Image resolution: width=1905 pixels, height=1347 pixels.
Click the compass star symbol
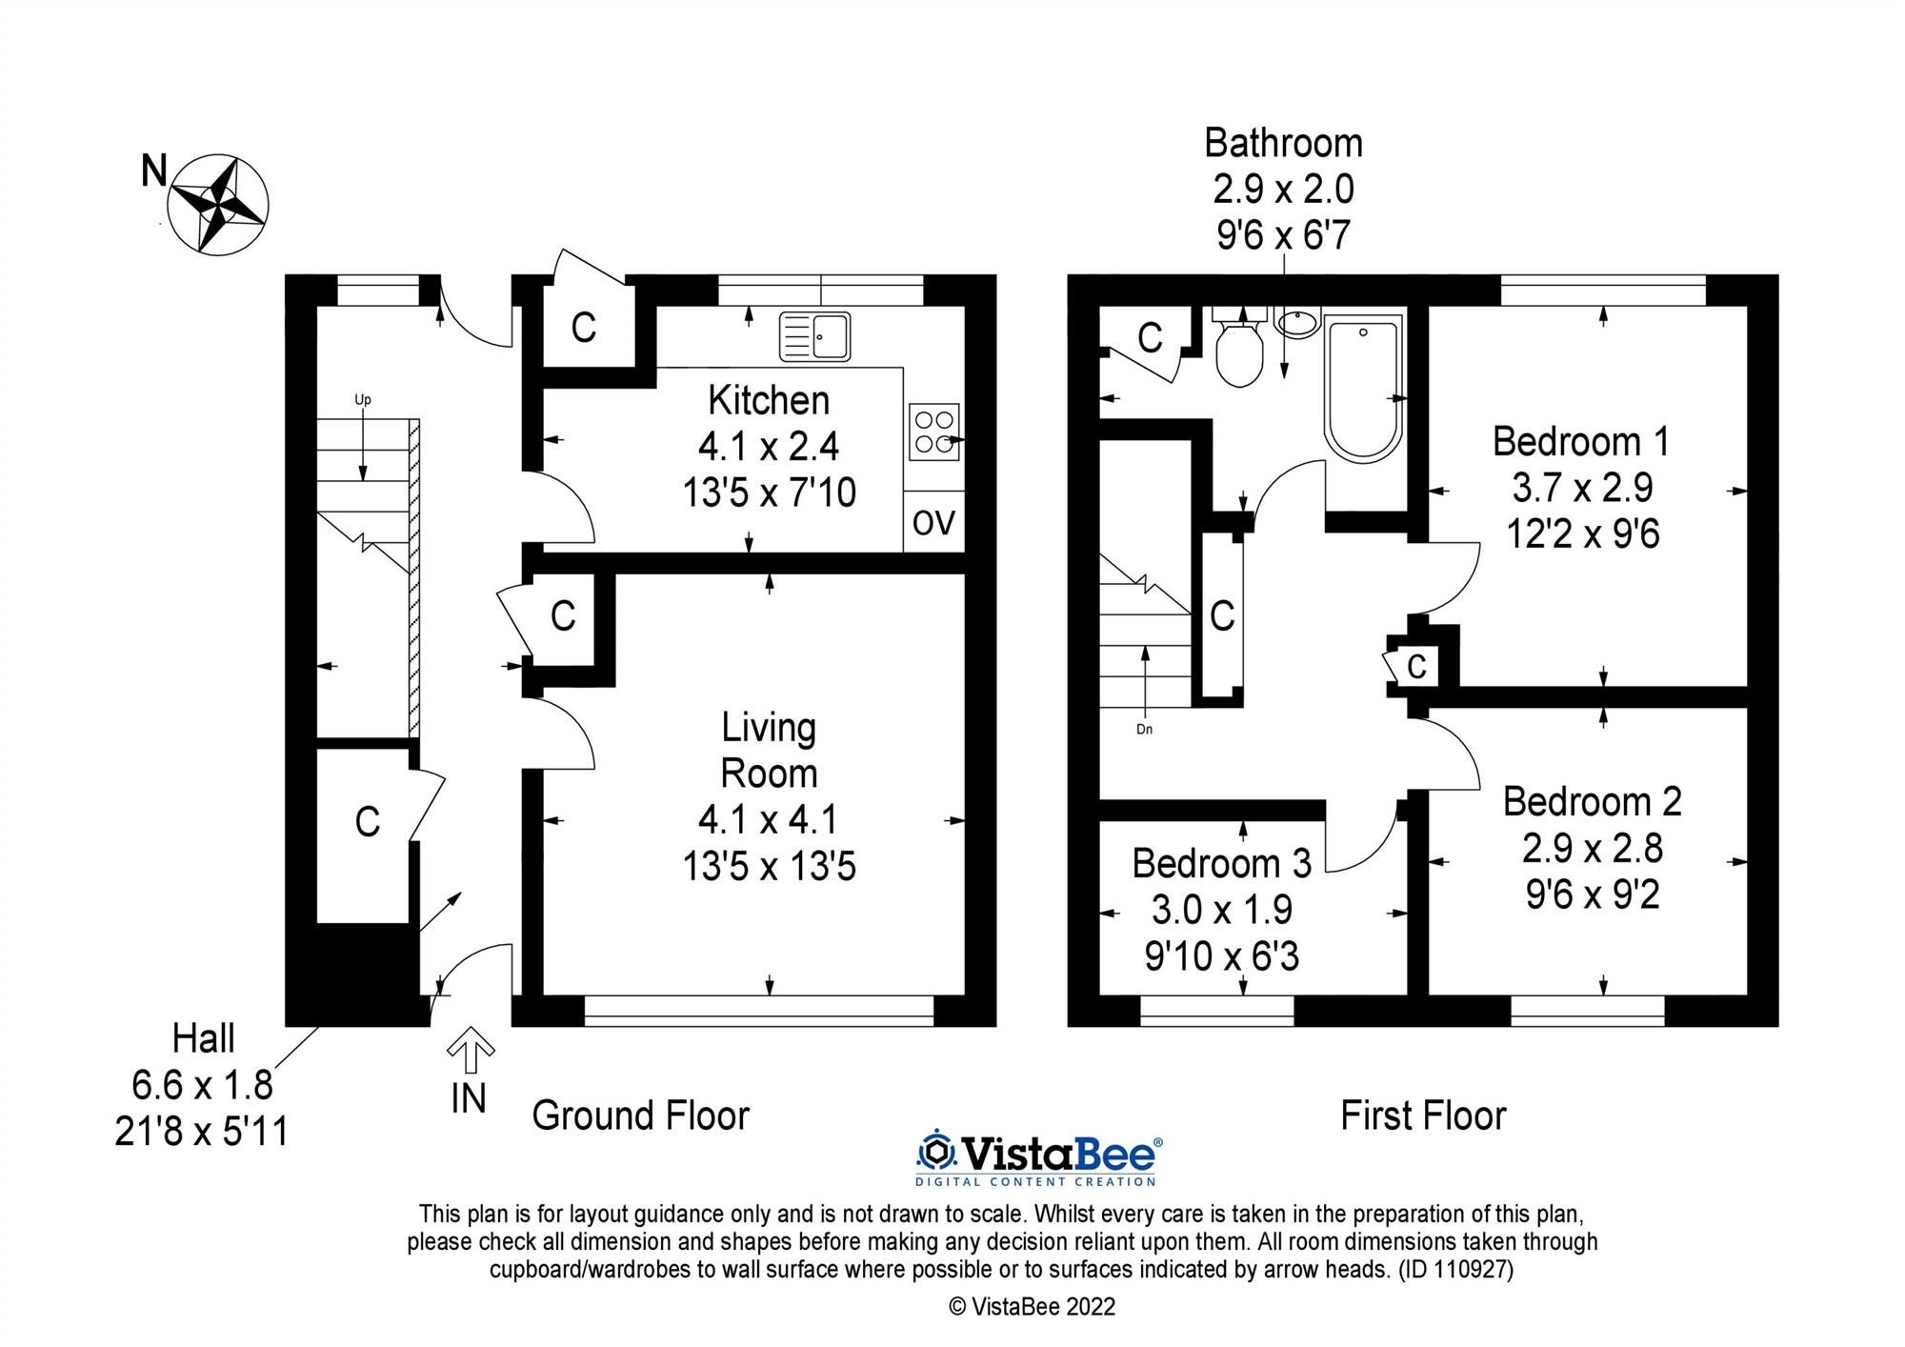point(218,205)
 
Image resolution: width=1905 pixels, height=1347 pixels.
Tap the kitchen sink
point(815,337)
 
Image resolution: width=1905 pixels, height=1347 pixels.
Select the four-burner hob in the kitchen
point(933,432)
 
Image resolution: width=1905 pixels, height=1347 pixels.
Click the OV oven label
point(933,522)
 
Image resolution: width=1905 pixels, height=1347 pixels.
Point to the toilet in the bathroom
point(1239,355)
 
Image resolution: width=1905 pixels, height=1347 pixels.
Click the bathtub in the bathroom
point(1363,390)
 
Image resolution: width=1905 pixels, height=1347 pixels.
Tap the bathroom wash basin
point(1296,324)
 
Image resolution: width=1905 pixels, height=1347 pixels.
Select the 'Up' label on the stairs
point(362,400)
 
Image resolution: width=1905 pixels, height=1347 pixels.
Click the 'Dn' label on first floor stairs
point(1144,730)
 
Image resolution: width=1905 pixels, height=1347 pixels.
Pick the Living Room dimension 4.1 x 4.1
point(768,819)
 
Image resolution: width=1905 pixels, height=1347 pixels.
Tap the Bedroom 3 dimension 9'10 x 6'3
point(1221,955)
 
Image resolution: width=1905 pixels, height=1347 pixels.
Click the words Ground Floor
point(640,1116)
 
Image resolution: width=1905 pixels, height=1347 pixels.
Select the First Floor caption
point(1423,1116)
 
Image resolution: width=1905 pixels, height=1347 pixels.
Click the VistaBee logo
point(1038,1158)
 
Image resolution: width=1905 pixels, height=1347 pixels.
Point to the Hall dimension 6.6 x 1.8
point(202,1084)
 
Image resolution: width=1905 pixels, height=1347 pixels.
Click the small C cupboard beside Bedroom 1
point(1416,666)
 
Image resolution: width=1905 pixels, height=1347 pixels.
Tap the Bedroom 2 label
point(1592,802)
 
